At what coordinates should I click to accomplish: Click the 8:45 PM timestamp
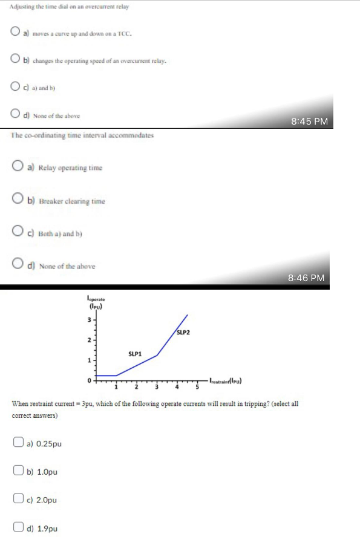pyautogui.click(x=309, y=121)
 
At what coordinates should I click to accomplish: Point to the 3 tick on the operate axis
pyautogui.click(x=90, y=319)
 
